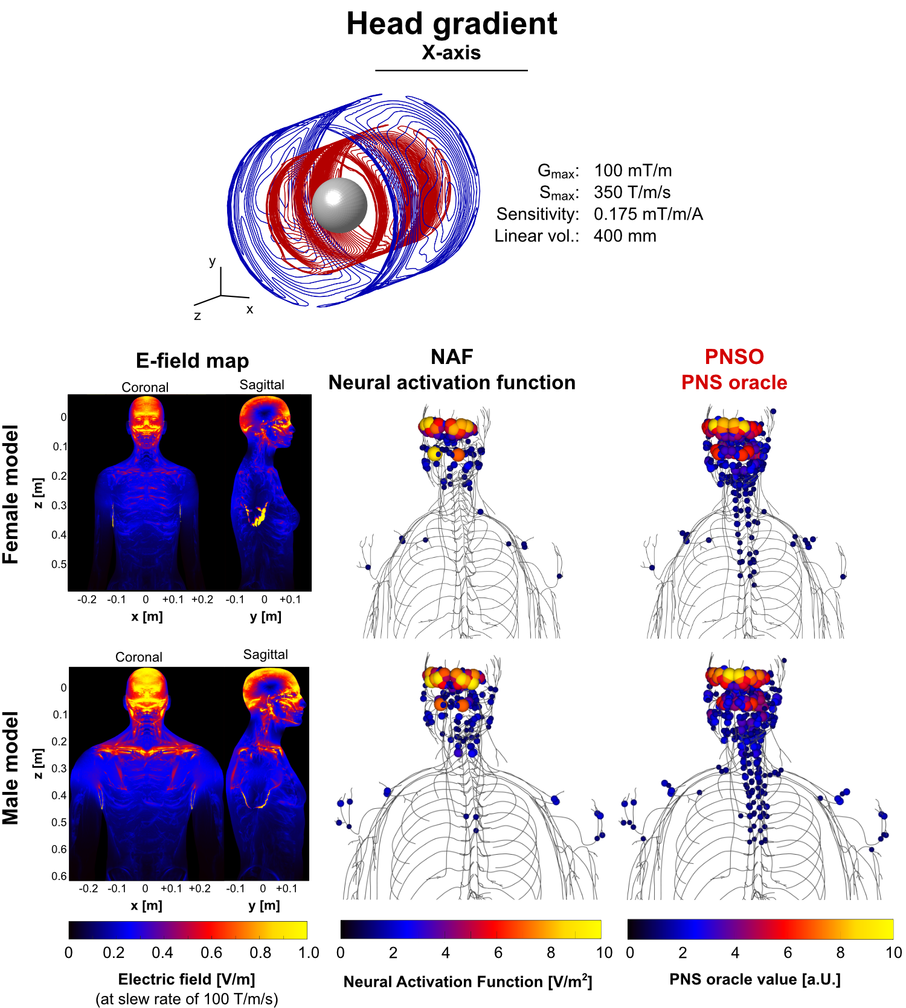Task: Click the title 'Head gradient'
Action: point(451,24)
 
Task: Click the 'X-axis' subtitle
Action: point(451,53)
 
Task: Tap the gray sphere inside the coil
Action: point(339,205)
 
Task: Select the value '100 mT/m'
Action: point(632,171)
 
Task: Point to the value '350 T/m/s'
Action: point(632,193)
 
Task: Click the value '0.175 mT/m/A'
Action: point(648,214)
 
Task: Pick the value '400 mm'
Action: point(625,236)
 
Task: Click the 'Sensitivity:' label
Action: point(537,214)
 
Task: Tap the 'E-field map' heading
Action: point(192,361)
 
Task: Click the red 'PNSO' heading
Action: point(734,357)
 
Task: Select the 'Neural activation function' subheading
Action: point(451,383)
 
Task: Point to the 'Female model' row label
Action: point(11,494)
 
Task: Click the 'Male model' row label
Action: point(11,768)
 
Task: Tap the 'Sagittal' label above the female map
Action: point(262,385)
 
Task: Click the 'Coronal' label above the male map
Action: point(139,657)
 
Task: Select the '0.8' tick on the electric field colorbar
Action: point(260,952)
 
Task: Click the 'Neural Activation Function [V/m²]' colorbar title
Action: point(467,982)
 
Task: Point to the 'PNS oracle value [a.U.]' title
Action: point(755,980)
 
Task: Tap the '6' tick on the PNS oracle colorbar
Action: point(788,952)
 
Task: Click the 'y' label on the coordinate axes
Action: point(212,261)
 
